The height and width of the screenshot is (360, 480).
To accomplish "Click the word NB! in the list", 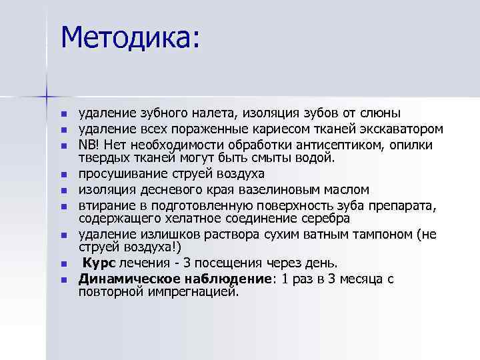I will coord(89,145).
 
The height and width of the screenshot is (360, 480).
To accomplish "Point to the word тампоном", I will coord(382,234).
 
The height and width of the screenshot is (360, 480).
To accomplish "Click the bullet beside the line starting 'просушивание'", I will coord(64,175).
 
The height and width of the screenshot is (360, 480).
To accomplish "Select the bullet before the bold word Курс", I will coord(64,265).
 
